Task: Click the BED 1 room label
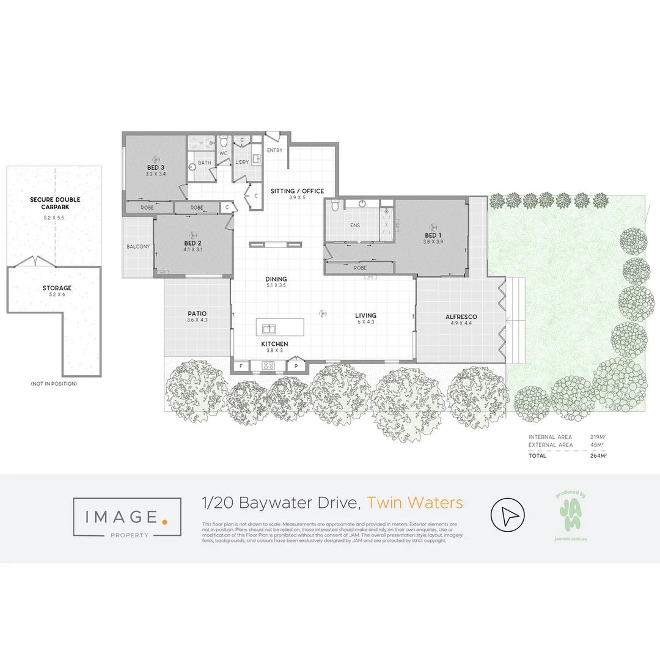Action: (431, 235)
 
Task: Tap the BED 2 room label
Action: (193, 243)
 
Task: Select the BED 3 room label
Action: (156, 167)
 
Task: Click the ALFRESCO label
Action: (461, 317)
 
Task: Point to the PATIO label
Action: (197, 313)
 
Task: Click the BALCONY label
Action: (138, 246)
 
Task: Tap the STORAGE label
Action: (57, 288)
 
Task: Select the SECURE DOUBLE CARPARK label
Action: (55, 203)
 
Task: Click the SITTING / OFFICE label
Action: (298, 191)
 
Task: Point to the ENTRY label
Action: (275, 150)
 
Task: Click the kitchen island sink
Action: (269, 328)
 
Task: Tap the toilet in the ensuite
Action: (334, 207)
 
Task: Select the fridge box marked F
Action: (241, 365)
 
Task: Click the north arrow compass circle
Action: (508, 517)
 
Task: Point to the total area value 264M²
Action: (598, 455)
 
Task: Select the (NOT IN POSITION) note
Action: (54, 383)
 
